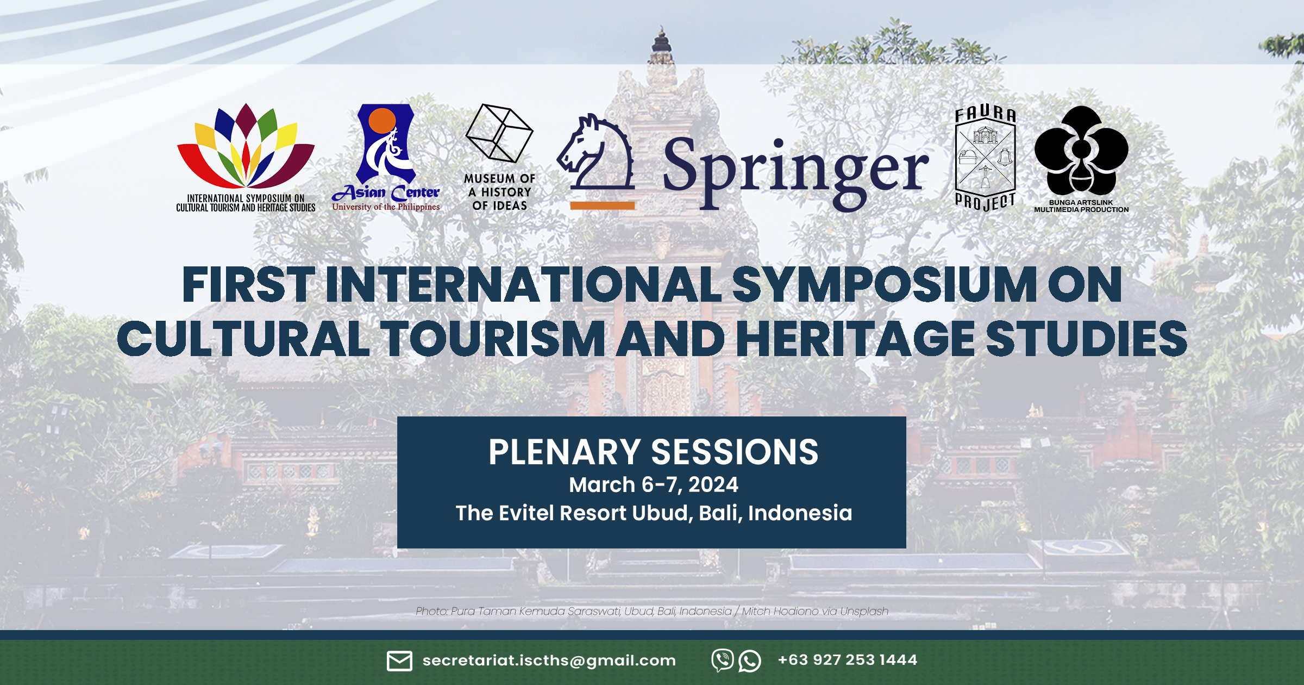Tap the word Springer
click(795, 171)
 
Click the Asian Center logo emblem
click(386, 144)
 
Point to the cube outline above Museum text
click(499, 133)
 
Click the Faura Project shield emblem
click(985, 158)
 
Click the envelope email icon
click(399, 661)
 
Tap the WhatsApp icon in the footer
click(750, 661)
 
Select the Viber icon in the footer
click(723, 661)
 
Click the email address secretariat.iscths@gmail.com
click(549, 660)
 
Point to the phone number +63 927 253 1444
click(848, 659)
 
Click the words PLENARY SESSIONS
click(653, 452)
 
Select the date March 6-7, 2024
click(654, 484)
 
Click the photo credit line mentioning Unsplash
click(652, 611)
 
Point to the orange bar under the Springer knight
click(602, 205)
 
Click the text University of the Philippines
click(386, 207)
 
